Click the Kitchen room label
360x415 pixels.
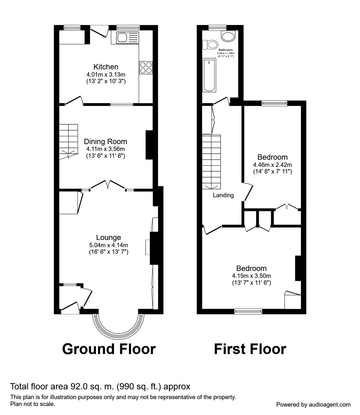pyautogui.click(x=106, y=67)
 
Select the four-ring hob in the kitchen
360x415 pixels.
pyautogui.click(x=146, y=68)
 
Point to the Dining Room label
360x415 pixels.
pyautogui.click(x=105, y=142)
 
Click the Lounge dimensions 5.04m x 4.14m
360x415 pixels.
pyautogui.click(x=109, y=245)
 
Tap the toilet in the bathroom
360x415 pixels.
pyautogui.click(x=210, y=45)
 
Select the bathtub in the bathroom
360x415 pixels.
pyautogui.click(x=209, y=75)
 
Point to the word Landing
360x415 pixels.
pyautogui.click(x=223, y=195)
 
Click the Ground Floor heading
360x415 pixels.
pyautogui.click(x=109, y=355)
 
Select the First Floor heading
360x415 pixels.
pyautogui.click(x=250, y=355)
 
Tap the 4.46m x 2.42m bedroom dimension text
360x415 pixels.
pyautogui.click(x=272, y=165)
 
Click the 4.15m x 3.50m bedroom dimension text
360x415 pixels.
pyautogui.click(x=251, y=276)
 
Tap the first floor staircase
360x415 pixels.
pyautogui.click(x=211, y=162)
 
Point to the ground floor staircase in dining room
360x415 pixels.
pyautogui.click(x=68, y=142)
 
